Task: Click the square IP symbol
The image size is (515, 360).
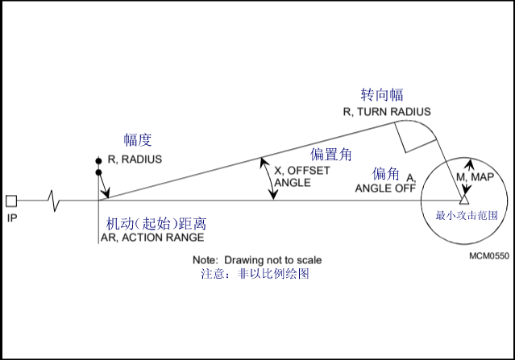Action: [11, 201]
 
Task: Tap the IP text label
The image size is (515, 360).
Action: [12, 218]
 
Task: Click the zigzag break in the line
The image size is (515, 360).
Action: [53, 201]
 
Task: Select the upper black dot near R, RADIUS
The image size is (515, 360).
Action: [98, 161]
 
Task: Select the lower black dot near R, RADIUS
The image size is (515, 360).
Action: [98, 172]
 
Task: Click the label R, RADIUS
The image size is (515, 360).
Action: [135, 159]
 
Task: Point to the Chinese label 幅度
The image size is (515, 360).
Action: [138, 140]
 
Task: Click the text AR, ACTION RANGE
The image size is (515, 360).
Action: [152, 238]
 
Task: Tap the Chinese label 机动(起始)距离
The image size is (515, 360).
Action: [156, 224]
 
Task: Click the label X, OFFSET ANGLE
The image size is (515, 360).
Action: [302, 176]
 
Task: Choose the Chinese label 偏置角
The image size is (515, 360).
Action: [330, 155]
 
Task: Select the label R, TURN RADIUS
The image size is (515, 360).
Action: [387, 112]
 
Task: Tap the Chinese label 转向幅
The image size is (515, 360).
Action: [382, 95]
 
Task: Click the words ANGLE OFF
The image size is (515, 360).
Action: [385, 188]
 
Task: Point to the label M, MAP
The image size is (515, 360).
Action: [476, 177]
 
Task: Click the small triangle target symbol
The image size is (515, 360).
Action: [463, 199]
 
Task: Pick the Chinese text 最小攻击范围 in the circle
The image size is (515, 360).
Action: [467, 215]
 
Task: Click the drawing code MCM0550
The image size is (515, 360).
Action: [489, 256]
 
